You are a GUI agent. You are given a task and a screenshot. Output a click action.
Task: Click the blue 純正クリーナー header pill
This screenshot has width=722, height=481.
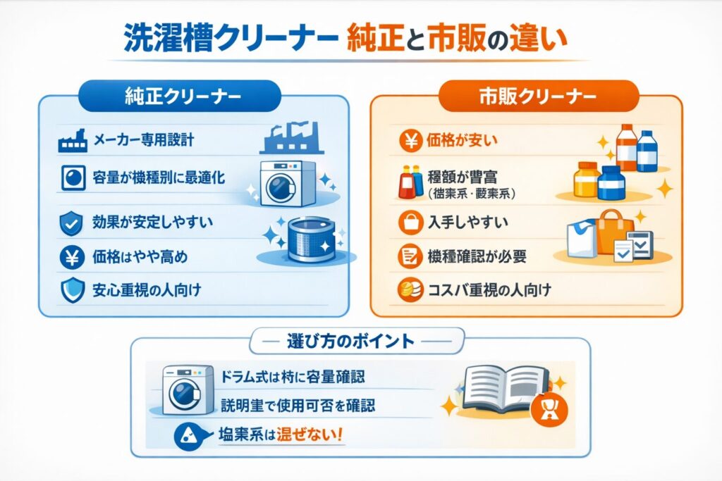pos(182,96)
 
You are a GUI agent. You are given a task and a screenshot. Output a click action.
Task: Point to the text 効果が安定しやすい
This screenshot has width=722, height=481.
pos(153,223)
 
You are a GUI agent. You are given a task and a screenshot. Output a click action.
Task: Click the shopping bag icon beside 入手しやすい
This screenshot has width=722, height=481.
pos(410,224)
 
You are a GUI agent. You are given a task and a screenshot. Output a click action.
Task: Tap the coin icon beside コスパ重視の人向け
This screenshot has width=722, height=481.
pos(409,289)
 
